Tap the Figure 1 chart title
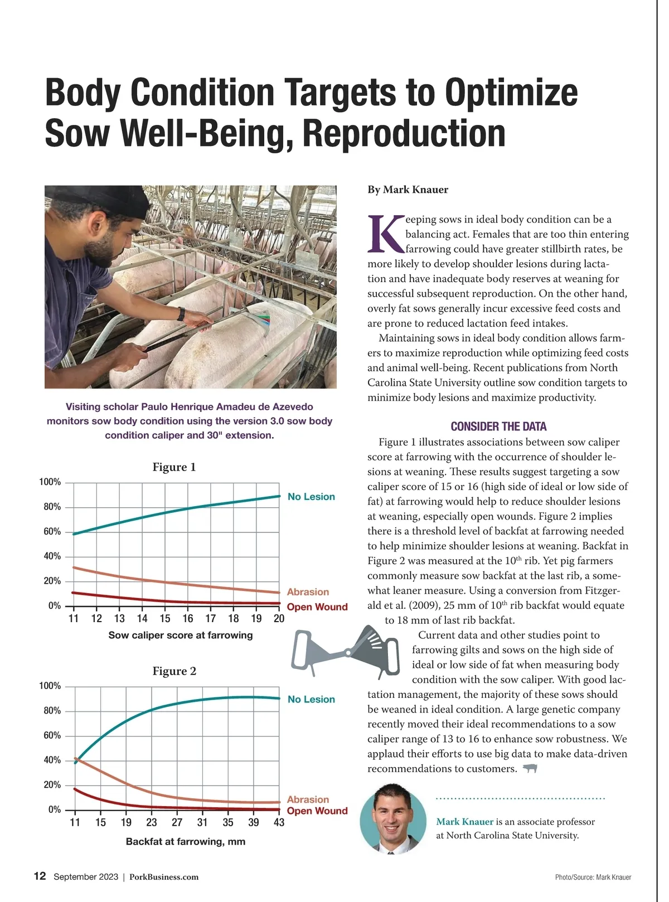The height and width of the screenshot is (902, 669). pyautogui.click(x=174, y=467)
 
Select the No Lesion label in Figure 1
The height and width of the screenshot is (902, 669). pyautogui.click(x=311, y=497)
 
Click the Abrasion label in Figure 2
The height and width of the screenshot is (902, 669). pyautogui.click(x=308, y=799)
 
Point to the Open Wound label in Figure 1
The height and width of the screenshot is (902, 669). pyautogui.click(x=317, y=607)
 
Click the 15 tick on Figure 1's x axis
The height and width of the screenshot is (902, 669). pyautogui.click(x=165, y=618)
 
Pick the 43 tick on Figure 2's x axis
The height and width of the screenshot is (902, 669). pyautogui.click(x=279, y=822)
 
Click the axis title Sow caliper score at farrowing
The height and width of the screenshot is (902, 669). pyautogui.click(x=180, y=635)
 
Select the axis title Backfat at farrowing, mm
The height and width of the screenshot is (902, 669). pyautogui.click(x=185, y=841)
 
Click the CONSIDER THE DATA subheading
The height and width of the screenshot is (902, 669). pyautogui.click(x=498, y=426)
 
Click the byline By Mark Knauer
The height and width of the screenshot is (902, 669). pyautogui.click(x=408, y=190)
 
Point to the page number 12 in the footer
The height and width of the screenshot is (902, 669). pyautogui.click(x=40, y=876)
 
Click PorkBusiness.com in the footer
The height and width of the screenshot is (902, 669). pyautogui.click(x=164, y=877)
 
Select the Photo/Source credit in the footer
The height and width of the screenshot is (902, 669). pyautogui.click(x=593, y=877)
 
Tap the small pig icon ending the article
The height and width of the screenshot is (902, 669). pyautogui.click(x=530, y=769)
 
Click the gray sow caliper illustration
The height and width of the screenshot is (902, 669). pyautogui.click(x=346, y=652)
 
